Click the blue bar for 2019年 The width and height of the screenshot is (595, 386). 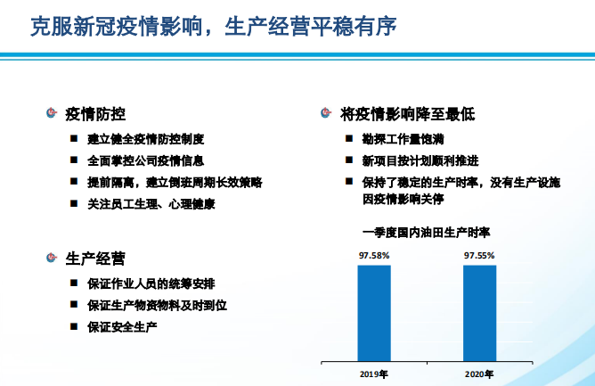coord(374,311)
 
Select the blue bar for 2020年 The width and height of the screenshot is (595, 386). coord(479,311)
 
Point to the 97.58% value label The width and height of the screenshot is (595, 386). coord(374,255)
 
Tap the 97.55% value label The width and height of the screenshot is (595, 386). coord(479,255)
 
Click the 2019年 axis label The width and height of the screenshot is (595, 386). coord(374,374)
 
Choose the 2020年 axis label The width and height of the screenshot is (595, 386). coord(479,374)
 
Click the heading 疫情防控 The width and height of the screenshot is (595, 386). coord(95,114)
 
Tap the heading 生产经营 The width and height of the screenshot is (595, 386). coord(95,259)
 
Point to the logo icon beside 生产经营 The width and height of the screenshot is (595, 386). coord(53,259)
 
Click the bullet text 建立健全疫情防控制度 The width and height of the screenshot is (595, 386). coord(146,139)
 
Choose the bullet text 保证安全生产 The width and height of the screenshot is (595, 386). coord(123,326)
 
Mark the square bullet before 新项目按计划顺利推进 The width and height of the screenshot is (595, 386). coord(351,161)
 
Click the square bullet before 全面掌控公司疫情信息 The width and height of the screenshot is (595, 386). coord(76,161)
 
